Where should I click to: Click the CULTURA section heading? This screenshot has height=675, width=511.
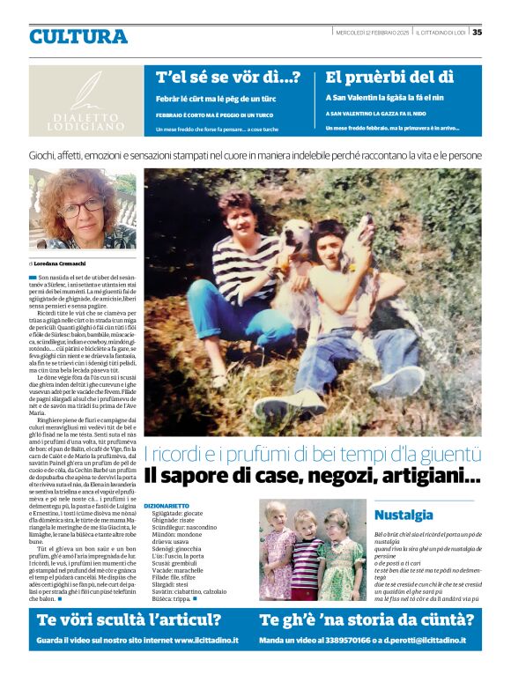coord(78,37)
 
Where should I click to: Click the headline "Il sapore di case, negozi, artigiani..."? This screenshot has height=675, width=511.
coord(312,476)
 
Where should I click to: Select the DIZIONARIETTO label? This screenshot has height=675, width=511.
coord(166,506)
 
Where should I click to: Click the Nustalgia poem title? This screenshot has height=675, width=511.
coord(404,515)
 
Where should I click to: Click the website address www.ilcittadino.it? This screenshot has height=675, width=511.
coord(206,639)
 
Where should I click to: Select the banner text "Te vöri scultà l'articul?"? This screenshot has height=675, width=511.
coord(129,620)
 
